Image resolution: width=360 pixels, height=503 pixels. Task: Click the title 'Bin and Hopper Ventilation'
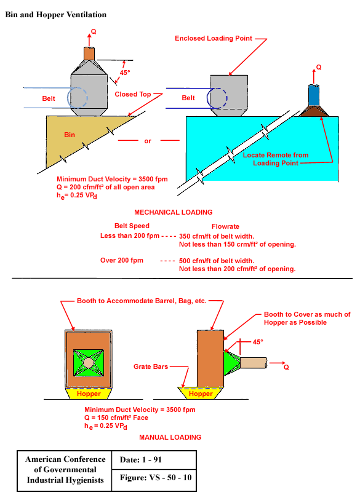pyautogui.click(x=56, y=14)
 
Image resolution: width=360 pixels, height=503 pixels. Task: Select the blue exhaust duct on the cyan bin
pyautogui.click(x=314, y=95)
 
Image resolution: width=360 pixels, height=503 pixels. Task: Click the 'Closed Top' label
pyautogui.click(x=134, y=95)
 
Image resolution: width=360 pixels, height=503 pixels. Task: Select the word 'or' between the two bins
pyautogui.click(x=148, y=141)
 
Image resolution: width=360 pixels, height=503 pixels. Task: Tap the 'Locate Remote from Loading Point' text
pyautogui.click(x=276, y=159)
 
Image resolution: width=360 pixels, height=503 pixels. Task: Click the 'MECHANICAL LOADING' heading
pyautogui.click(x=173, y=212)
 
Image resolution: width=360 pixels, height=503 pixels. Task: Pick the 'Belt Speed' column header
pyautogui.click(x=133, y=226)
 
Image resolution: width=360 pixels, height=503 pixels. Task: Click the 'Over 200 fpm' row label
pyautogui.click(x=122, y=260)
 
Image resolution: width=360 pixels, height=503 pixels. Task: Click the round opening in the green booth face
pyautogui.click(x=90, y=363)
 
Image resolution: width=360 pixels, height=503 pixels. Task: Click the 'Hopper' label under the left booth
pyautogui.click(x=90, y=394)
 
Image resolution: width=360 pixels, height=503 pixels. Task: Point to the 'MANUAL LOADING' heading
pyautogui.click(x=170, y=437)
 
